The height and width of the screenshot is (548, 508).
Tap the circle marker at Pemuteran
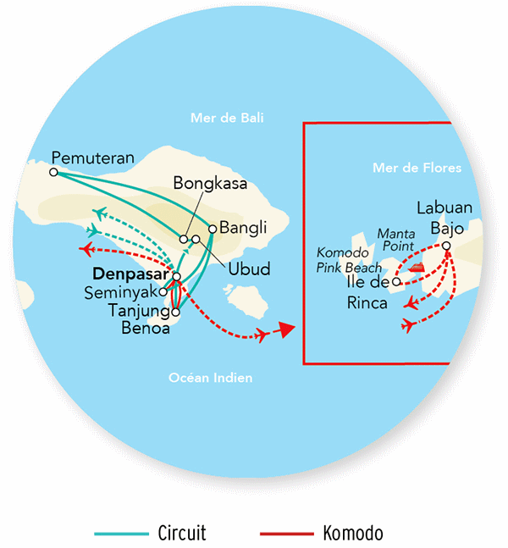(x=53, y=172)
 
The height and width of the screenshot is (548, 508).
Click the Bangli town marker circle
(x=212, y=228)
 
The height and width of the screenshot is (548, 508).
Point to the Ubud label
(x=250, y=270)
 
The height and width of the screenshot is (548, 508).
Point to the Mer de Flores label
(x=417, y=168)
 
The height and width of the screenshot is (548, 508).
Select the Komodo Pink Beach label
(x=343, y=259)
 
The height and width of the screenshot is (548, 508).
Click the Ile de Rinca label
(x=367, y=292)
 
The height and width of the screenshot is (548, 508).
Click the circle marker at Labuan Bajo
(x=447, y=246)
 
